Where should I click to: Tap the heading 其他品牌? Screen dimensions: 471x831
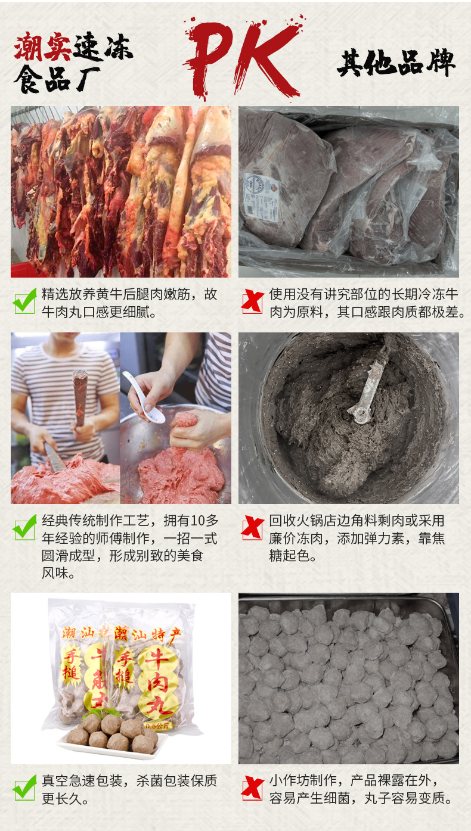(396, 63)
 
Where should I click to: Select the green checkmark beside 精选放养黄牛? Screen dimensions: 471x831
(25, 301)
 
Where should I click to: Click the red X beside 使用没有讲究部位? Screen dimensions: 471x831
(252, 301)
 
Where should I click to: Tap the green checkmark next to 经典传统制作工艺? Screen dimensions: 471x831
(25, 528)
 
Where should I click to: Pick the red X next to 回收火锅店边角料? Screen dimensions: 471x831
(252, 528)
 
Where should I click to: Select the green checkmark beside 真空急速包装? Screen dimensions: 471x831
(25, 788)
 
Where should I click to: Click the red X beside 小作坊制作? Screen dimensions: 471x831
(252, 788)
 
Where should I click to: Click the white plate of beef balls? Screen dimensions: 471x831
(111, 742)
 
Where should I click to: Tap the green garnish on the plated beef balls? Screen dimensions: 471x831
(102, 712)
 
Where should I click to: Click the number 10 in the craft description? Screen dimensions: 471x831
(197, 521)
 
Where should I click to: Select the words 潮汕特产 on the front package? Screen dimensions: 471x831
(147, 634)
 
